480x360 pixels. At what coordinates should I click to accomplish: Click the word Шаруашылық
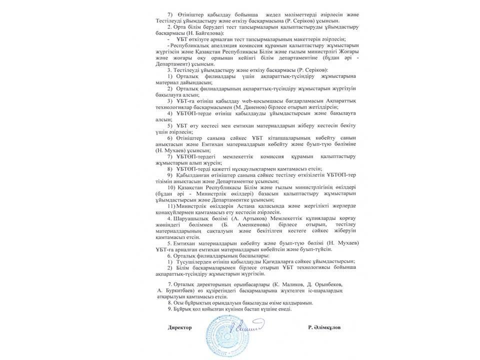tap(190, 218)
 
